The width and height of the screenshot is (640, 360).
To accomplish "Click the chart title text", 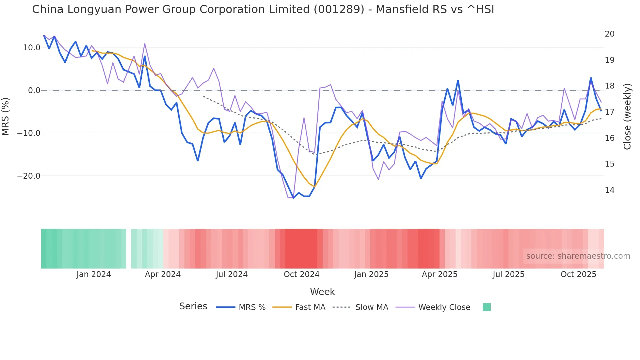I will (263, 9).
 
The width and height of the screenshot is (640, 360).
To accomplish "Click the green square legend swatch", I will (487, 307).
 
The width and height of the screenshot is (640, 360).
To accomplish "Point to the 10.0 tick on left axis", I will (32, 48).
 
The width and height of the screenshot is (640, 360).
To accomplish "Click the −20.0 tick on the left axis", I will (29, 176).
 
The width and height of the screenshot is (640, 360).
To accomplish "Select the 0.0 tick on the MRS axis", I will (34, 90).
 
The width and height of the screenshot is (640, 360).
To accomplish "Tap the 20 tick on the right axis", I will (609, 34).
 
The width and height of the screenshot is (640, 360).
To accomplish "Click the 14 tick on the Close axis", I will (609, 190).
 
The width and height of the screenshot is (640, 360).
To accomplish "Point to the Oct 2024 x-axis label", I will (301, 274).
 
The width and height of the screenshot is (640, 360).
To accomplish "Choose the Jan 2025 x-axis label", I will (371, 274).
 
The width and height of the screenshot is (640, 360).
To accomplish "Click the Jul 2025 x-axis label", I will (508, 274).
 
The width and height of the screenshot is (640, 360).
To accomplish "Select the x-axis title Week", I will (322, 292).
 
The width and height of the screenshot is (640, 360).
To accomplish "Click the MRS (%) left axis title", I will (6, 116).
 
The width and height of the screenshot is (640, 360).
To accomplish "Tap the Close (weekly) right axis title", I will (627, 117).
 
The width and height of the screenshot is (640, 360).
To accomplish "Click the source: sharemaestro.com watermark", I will (578, 256).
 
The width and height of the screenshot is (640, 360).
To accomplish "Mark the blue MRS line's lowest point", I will (293, 198).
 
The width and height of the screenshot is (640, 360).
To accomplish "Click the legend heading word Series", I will (193, 306).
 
